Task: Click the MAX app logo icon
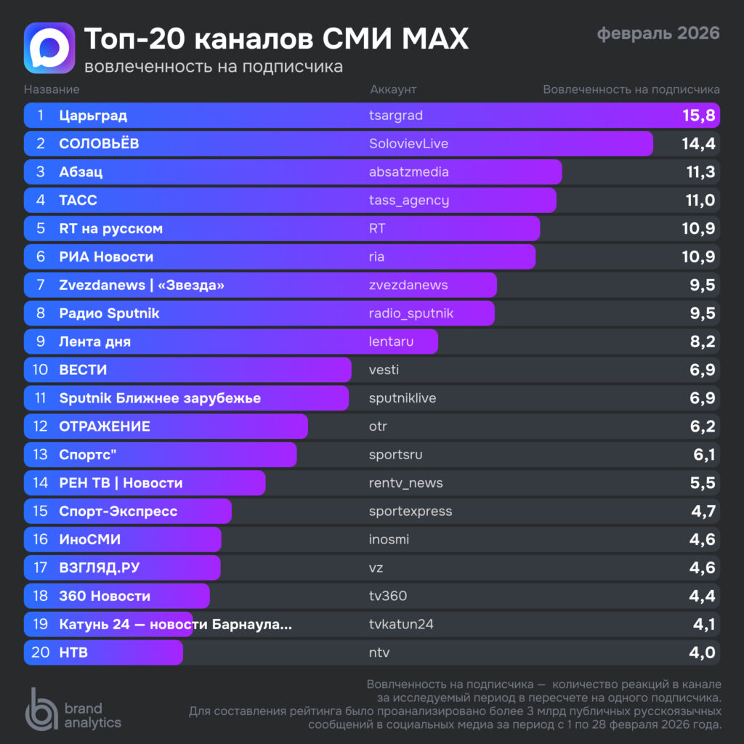tap(49, 48)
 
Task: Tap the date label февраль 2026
tap(658, 33)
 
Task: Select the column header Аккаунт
tap(393, 89)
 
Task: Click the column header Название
tap(52, 89)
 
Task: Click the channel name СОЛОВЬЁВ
tap(99, 144)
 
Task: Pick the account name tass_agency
tap(409, 201)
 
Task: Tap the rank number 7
tap(41, 286)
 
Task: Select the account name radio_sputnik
tap(411, 314)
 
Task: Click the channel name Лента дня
tap(94, 342)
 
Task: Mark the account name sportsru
tap(395, 455)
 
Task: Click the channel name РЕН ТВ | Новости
tap(121, 483)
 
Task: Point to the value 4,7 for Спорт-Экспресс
tap(703, 511)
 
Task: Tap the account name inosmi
tap(389, 540)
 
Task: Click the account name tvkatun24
tap(401, 625)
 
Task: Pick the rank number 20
tap(41, 653)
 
